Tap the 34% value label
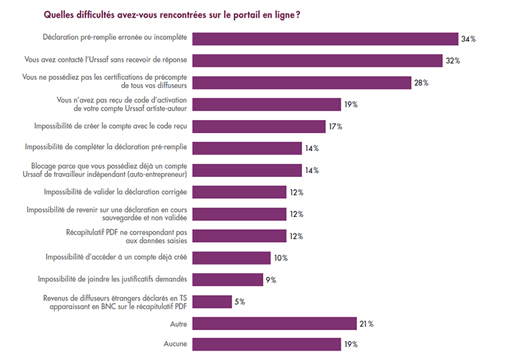point(468,39)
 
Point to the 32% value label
point(452,61)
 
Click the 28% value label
point(421,83)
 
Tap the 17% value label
point(335,127)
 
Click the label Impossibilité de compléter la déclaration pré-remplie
point(106,147)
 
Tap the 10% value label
point(280,258)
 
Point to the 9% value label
point(270,280)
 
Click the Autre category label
point(179,324)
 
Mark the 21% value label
point(366,324)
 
